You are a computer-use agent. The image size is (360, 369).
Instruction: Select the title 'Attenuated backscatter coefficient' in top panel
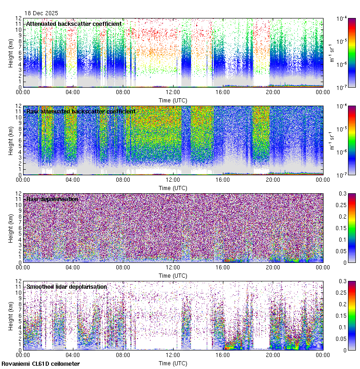(x=74, y=24)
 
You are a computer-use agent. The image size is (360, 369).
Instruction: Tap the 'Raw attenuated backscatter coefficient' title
(x=81, y=112)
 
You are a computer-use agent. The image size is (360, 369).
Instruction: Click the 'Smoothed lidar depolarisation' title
(x=66, y=287)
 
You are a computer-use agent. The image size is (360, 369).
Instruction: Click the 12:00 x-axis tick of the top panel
(x=173, y=92)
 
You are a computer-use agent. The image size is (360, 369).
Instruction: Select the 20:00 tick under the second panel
(x=273, y=179)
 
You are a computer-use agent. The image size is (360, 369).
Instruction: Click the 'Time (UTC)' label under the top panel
(x=173, y=100)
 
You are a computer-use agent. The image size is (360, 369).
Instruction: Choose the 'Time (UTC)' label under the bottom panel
(x=173, y=363)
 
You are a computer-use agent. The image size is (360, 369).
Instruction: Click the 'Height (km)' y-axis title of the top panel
(x=11, y=53)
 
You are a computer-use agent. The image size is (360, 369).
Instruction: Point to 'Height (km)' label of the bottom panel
(x=11, y=315)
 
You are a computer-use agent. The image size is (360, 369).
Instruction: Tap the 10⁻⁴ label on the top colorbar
(x=342, y=19)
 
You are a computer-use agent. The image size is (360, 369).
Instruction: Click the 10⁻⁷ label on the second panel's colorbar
(x=342, y=175)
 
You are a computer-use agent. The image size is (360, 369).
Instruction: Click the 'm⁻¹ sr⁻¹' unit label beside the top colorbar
(x=331, y=53)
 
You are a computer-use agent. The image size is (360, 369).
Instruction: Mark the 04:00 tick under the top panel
(x=73, y=92)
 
